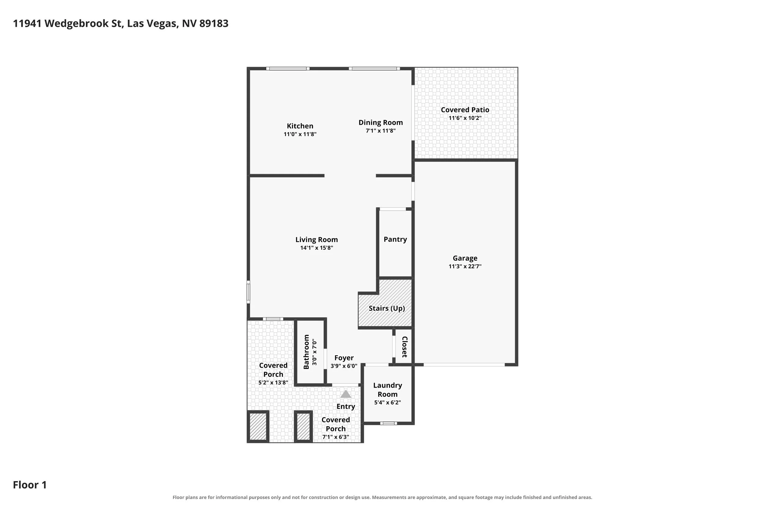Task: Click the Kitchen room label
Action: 300,126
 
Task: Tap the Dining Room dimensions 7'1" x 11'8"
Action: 381,131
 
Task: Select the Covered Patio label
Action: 465,110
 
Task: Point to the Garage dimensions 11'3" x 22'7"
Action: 465,266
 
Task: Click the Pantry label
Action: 395,239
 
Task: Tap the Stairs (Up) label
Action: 387,308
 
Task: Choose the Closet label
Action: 405,347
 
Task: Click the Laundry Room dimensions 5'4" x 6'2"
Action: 387,402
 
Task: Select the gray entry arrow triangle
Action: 345,394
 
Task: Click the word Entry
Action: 346,407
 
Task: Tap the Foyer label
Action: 344,358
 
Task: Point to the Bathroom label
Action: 306,352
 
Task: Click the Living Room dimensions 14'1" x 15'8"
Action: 316,248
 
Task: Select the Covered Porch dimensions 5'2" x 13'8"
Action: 273,382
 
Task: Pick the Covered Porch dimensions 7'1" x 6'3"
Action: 336,437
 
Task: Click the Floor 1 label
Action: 30,485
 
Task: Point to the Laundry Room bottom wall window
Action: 388,423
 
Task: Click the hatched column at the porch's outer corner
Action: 258,426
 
